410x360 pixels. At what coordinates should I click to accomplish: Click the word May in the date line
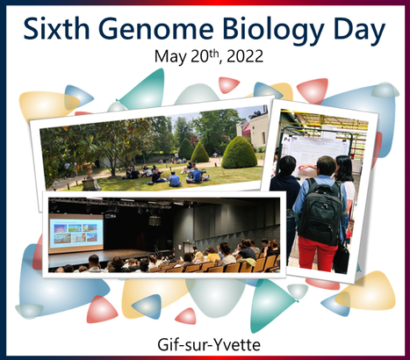169,59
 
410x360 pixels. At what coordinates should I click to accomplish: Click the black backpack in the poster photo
319,207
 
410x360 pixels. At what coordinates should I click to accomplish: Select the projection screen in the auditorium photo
76,232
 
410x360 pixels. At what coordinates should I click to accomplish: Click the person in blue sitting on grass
175,179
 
